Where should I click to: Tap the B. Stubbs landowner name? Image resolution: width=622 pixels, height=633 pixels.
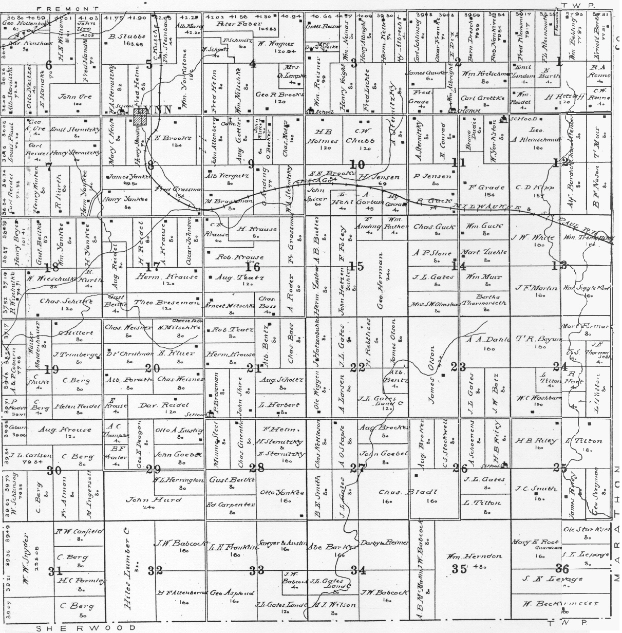(122, 36)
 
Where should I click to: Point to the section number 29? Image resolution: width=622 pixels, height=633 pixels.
(154, 469)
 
